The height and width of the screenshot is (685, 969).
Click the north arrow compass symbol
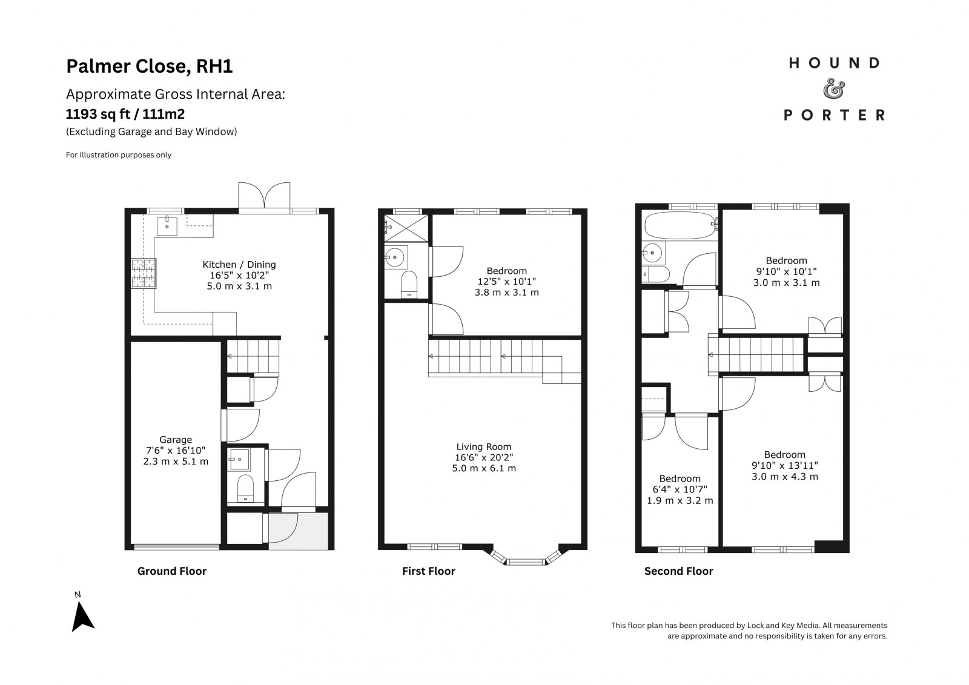(x=82, y=617)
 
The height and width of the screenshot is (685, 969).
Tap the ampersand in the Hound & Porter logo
(x=833, y=88)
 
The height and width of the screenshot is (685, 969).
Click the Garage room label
(x=176, y=440)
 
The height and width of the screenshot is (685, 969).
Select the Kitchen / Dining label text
(x=239, y=265)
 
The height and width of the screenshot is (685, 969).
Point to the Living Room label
(x=484, y=446)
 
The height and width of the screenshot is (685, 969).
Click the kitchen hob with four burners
(x=144, y=273)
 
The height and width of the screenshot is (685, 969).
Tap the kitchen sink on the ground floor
(x=167, y=226)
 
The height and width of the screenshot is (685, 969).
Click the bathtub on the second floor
(x=680, y=225)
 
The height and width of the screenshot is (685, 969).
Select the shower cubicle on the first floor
(x=406, y=228)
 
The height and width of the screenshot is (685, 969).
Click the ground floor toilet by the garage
(x=246, y=488)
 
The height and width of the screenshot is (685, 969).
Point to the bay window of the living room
(x=526, y=557)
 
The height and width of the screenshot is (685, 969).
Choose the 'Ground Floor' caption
(x=172, y=571)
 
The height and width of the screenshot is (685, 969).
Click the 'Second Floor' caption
(x=679, y=571)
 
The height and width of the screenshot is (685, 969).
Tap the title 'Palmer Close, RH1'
(x=149, y=66)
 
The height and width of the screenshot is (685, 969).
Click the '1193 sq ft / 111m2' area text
(x=125, y=114)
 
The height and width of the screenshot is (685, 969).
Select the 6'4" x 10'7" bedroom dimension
(x=680, y=489)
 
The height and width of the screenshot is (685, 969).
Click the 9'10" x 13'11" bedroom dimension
(x=785, y=466)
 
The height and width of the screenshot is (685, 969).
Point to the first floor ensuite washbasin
(x=395, y=257)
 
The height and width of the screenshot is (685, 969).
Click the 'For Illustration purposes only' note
(x=119, y=155)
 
